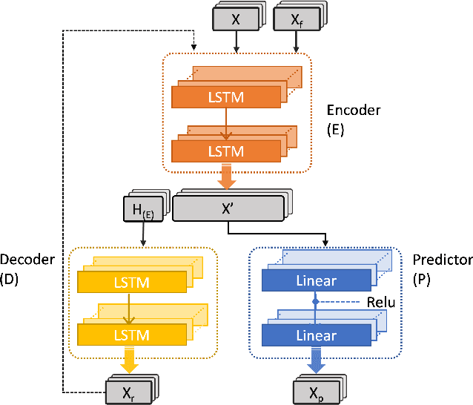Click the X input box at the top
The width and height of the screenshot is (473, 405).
pos(236,20)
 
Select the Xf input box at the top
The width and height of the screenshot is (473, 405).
pos(296,20)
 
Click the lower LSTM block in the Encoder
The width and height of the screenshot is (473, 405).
pos(226,151)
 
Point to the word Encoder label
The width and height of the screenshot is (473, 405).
pos(353,111)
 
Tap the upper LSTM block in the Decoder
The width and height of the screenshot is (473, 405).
pos(133,283)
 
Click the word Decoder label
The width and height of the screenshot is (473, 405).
pos(27,260)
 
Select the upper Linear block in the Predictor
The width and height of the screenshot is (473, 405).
pos(316,281)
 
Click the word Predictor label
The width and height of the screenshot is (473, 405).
pos(443,260)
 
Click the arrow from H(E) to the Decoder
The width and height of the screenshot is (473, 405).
pos(143,234)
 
